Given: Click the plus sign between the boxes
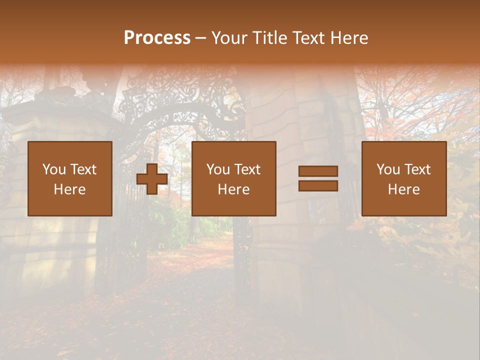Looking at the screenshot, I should [x=152, y=179].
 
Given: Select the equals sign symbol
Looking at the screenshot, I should [x=318, y=178].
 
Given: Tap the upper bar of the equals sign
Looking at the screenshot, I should [x=318, y=171].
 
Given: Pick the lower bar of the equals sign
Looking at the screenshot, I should [x=318, y=186].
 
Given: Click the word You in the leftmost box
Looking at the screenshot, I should [x=53, y=169].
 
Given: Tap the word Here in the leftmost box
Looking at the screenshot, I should [x=70, y=189].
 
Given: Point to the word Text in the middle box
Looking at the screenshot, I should [x=247, y=169].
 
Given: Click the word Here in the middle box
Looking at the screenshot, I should [x=233, y=189].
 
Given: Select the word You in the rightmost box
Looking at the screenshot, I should [x=387, y=169].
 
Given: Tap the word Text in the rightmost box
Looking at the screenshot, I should [x=417, y=169].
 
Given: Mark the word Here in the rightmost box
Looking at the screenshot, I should [x=403, y=189].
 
